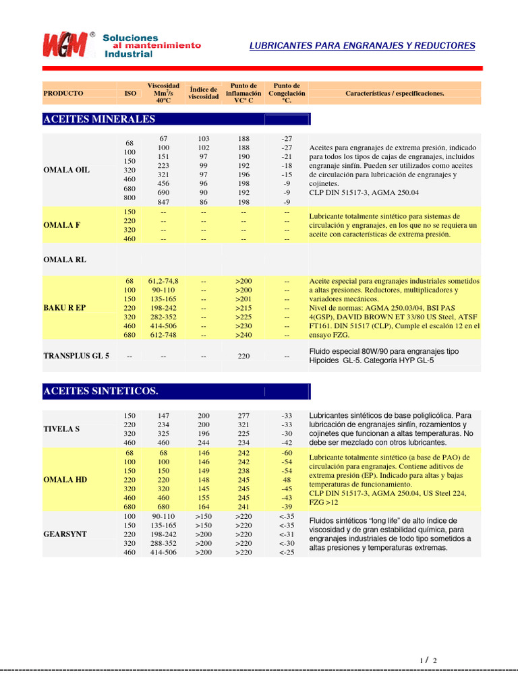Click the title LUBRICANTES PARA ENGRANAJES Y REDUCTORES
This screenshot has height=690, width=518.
362,46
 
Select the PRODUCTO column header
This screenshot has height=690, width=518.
63,93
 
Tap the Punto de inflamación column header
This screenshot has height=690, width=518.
243,93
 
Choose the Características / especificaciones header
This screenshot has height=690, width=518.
395,93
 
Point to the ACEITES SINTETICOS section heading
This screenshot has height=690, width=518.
100,391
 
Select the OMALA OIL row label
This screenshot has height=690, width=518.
66,170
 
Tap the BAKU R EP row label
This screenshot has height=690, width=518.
65,307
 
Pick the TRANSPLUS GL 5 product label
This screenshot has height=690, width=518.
76,355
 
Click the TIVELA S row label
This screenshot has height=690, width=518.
62,429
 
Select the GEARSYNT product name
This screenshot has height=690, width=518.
65,534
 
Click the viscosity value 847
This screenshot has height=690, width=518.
163,201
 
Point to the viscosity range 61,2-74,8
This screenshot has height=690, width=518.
163,280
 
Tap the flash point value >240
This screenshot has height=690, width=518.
243,334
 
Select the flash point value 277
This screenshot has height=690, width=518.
243,416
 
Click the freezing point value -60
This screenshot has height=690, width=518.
287,453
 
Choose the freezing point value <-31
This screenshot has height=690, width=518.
287,534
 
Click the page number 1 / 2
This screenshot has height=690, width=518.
428,660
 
